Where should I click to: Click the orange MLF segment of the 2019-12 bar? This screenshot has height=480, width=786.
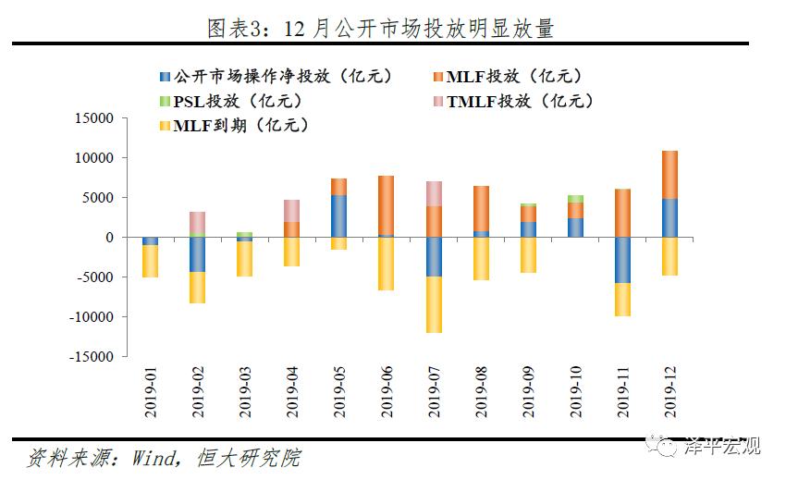click(669, 175)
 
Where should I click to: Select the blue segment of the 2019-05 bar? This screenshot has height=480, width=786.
click(338, 216)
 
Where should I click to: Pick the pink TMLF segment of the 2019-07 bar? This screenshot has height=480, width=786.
click(435, 193)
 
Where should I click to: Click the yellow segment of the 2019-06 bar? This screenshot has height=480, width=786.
click(387, 264)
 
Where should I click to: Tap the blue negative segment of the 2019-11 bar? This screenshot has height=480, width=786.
click(621, 260)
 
